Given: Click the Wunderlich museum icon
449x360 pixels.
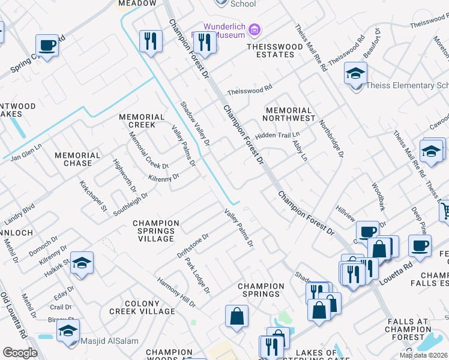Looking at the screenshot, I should click(x=255, y=29).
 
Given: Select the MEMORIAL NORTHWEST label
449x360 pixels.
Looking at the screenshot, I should click(x=290, y=115).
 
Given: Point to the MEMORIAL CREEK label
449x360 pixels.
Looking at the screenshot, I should click(x=142, y=121).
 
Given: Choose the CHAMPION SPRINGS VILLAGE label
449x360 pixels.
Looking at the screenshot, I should click(x=156, y=231).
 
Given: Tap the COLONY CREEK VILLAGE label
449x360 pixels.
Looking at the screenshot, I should click(x=142, y=308).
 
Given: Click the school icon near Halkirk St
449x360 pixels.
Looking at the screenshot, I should click(x=82, y=263).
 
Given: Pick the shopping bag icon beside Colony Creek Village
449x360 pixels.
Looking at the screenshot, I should click(x=237, y=316).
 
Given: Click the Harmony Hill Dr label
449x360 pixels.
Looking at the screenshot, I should click(x=176, y=292).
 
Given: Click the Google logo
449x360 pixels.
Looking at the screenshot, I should click(x=20, y=353).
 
